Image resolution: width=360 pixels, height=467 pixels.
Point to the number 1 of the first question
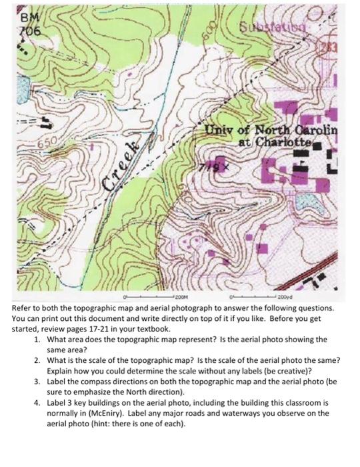(35, 340)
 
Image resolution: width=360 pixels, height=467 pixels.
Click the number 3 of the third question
(35, 380)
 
